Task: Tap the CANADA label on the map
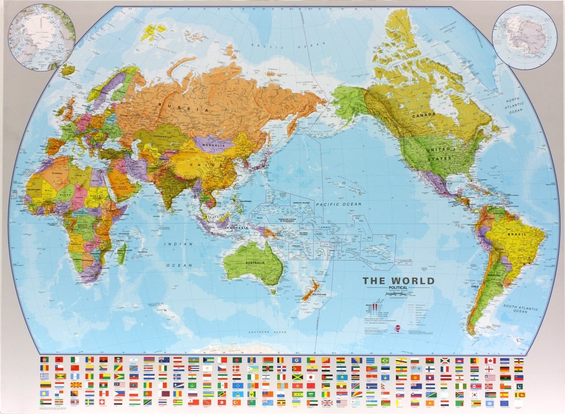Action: click(x=423, y=114)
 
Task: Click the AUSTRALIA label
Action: click(x=255, y=263)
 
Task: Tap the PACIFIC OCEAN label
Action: click(x=338, y=204)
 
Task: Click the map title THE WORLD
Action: click(x=398, y=281)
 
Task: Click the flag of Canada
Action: click(x=489, y=361)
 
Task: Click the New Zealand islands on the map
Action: click(x=311, y=290)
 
